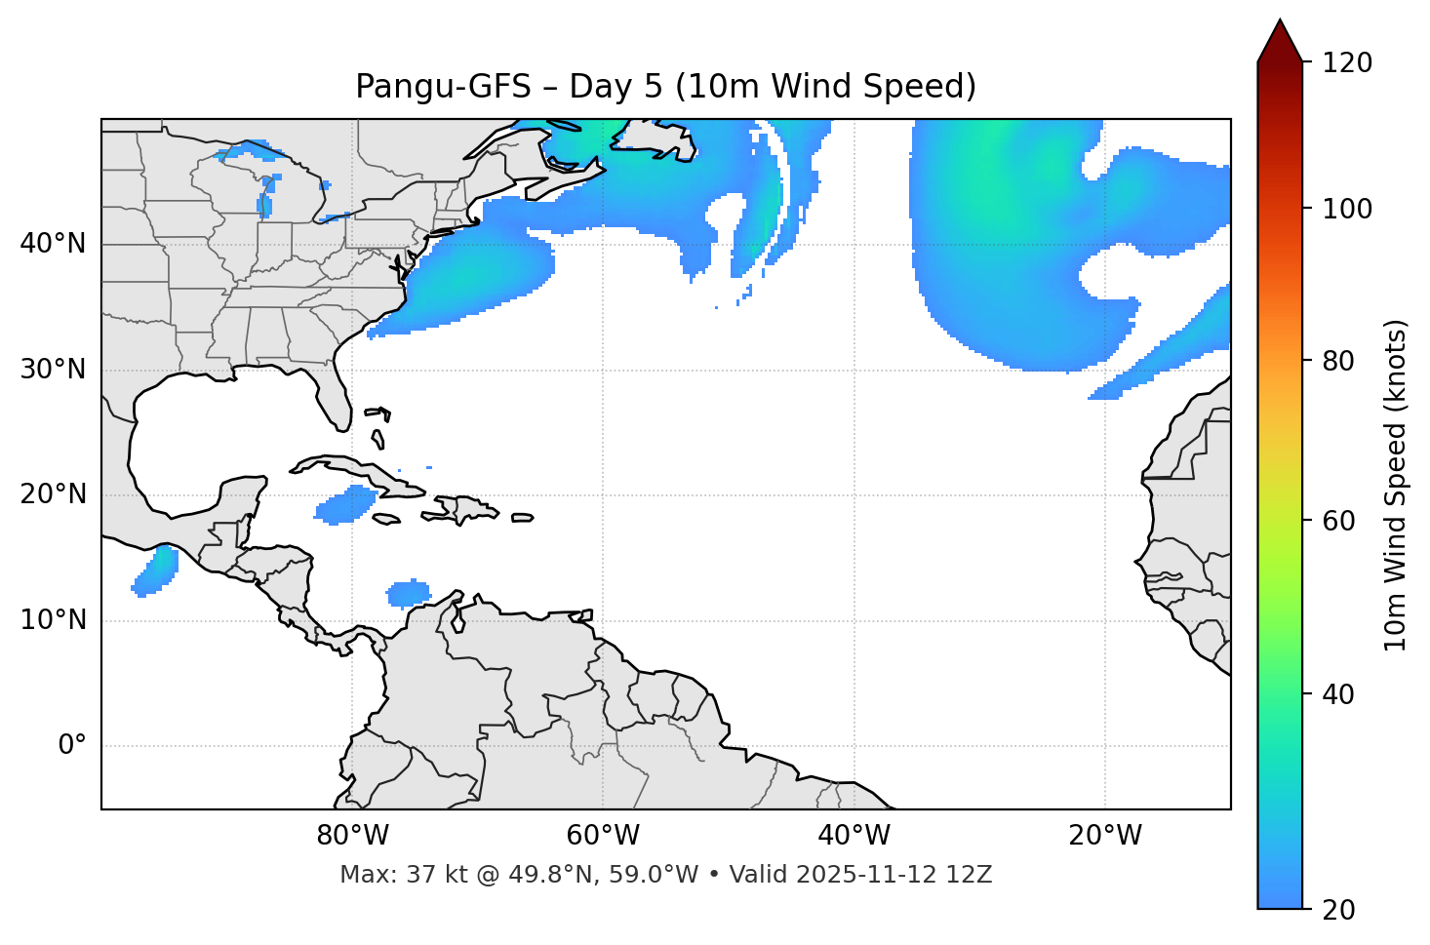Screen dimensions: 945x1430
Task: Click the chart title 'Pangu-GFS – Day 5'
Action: [x=665, y=87]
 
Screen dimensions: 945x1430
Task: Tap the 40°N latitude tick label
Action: [x=53, y=244]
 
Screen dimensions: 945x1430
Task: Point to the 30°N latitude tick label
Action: [x=53, y=370]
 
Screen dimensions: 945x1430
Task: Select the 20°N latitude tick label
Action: [x=53, y=494]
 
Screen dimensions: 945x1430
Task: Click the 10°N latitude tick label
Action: [x=53, y=620]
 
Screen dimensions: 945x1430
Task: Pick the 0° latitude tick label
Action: [x=71, y=746]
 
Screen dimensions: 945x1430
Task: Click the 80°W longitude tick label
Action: [x=352, y=836]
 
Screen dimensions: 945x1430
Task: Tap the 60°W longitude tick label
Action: [x=603, y=836]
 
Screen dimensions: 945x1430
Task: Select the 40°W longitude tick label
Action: [x=854, y=836]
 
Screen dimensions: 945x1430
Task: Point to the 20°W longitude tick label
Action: [x=1104, y=836]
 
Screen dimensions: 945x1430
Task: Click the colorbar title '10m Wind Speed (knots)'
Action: [x=1396, y=485]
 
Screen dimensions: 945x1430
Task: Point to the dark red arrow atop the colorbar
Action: [x=1280, y=42]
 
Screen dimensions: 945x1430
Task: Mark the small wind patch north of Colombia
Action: [x=409, y=593]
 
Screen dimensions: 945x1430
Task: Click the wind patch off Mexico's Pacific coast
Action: [x=155, y=571]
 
